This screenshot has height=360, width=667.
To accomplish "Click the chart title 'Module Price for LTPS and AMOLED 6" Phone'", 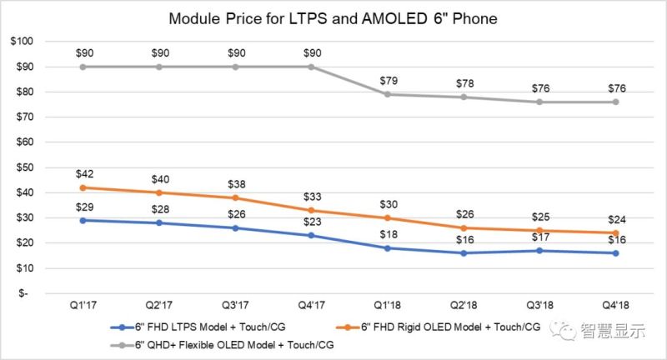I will [x=333, y=17].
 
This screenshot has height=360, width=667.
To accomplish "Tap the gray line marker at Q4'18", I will [x=616, y=102].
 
